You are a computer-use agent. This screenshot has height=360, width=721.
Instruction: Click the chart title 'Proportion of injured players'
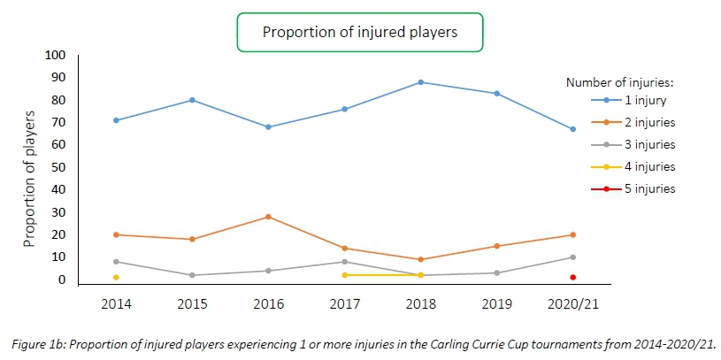(359, 32)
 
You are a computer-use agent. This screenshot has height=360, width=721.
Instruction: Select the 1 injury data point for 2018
(420, 82)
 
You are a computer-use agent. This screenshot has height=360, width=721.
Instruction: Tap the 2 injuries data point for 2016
(268, 217)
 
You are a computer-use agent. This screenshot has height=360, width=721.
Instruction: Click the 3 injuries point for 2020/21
(572, 257)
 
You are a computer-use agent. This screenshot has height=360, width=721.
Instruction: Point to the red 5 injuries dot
(572, 278)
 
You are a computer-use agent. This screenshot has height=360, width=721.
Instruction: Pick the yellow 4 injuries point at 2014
(116, 278)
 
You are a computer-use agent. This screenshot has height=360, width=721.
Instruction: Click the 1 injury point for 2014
(116, 120)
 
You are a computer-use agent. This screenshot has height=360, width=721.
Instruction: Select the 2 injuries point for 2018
(420, 259)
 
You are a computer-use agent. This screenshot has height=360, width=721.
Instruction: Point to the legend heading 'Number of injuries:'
(619, 81)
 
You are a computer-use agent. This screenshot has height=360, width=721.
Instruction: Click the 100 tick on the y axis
(55, 55)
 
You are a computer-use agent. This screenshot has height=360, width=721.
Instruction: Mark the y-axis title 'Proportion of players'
(29, 178)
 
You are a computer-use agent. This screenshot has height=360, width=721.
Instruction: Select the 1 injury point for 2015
(192, 100)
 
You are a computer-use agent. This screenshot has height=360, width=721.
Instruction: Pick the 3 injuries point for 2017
(344, 262)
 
